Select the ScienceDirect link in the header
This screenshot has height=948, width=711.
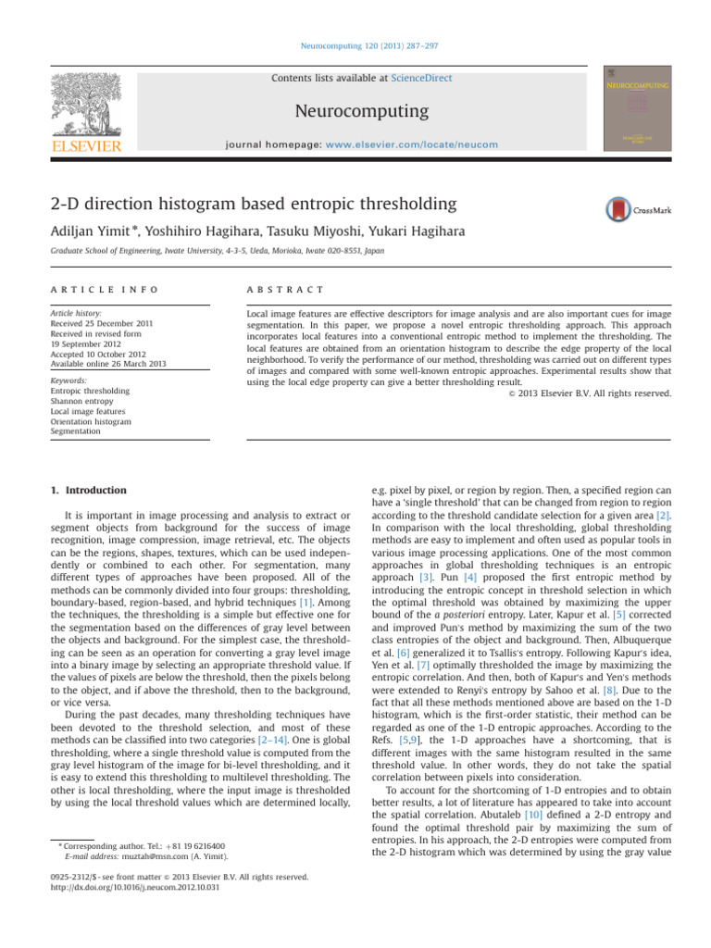coord(421,79)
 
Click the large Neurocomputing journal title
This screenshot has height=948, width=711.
coord(361,112)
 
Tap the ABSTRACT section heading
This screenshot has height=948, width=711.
coord(279,291)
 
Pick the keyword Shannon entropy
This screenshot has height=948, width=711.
coord(79,401)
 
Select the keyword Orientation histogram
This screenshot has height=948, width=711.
coord(91,421)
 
